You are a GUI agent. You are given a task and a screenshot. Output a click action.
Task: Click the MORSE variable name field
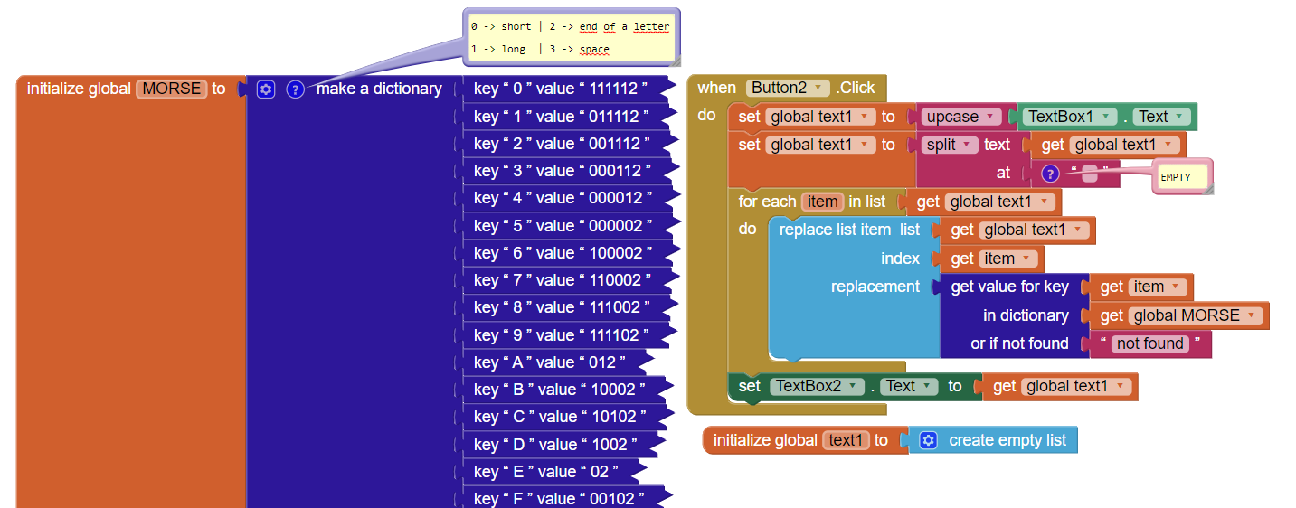tap(171, 89)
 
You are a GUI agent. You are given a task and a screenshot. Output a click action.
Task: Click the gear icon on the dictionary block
tap(266, 89)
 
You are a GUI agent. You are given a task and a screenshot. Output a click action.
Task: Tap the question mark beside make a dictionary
tap(295, 89)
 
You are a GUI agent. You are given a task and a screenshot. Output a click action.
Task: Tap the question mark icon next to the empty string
tap(1050, 173)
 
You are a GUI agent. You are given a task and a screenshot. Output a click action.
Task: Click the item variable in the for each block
tap(822, 202)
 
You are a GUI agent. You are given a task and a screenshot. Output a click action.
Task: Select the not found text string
tap(1149, 343)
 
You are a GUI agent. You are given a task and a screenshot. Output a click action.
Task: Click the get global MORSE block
tap(1179, 315)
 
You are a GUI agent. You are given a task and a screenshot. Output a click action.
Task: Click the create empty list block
tap(993, 440)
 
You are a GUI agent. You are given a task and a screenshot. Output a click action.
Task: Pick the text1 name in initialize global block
tap(846, 440)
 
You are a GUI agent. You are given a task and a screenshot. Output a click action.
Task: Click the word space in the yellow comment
tap(594, 49)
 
